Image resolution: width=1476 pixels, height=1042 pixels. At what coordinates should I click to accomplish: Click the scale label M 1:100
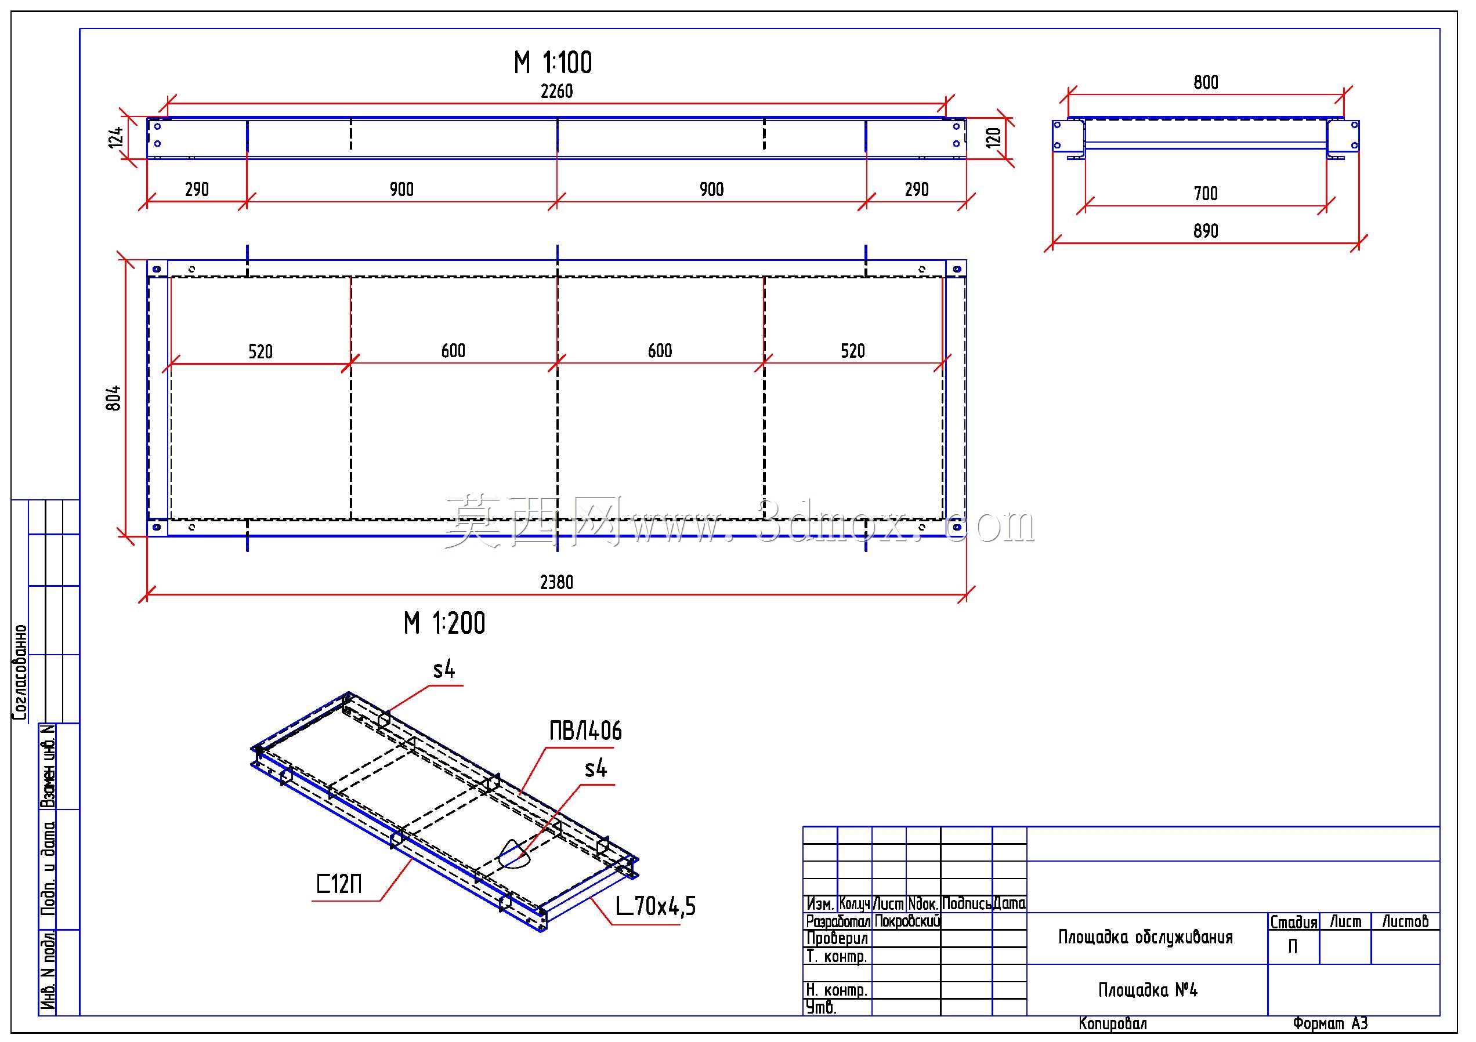[553, 63]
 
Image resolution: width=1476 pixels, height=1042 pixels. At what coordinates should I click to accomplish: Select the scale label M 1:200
[444, 623]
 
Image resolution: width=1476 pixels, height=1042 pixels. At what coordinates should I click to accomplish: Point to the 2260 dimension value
[557, 91]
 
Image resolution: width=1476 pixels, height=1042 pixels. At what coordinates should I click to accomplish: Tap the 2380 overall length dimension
[557, 582]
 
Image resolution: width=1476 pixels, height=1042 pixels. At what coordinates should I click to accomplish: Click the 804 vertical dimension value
[113, 398]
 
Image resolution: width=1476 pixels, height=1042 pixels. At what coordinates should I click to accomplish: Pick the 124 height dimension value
[115, 137]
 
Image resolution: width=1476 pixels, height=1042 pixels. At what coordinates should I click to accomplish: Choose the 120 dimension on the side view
[993, 137]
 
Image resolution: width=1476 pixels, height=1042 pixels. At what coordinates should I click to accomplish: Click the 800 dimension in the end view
[1206, 82]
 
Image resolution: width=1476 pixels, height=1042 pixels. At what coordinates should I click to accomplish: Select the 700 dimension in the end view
[1206, 193]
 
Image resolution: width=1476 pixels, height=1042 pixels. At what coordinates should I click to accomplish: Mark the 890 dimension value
[1206, 231]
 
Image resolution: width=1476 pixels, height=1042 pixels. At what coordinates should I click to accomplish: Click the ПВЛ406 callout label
[585, 731]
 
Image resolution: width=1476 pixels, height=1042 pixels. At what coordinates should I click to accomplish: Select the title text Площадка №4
[1148, 990]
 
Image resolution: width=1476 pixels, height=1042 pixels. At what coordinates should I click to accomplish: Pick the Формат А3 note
[1330, 1023]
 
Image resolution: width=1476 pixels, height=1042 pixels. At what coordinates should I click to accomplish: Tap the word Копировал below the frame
[1113, 1023]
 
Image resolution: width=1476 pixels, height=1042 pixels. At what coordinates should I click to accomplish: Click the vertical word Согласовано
[20, 672]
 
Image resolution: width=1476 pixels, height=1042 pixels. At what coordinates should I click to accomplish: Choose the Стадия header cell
[1293, 922]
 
